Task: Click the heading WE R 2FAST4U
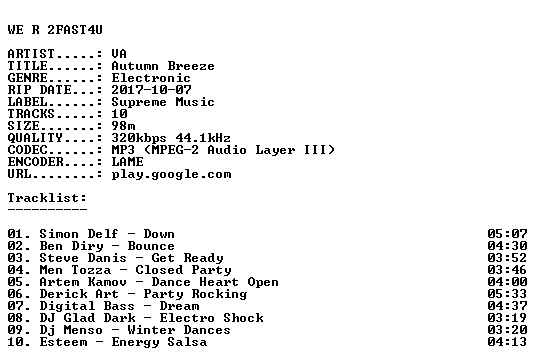click(x=55, y=30)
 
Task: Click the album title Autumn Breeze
click(x=163, y=66)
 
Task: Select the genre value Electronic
click(x=151, y=78)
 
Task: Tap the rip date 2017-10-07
click(x=151, y=90)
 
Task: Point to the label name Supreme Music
click(x=163, y=102)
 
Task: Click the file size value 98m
click(x=123, y=125)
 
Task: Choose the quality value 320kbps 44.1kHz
click(x=171, y=138)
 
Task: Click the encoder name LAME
click(x=128, y=162)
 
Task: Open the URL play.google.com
click(x=171, y=174)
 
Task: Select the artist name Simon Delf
click(x=79, y=234)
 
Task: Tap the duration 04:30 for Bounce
click(x=507, y=246)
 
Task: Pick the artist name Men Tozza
click(x=75, y=270)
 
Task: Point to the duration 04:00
click(x=507, y=282)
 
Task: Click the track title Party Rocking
click(x=195, y=294)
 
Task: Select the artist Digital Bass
click(x=87, y=306)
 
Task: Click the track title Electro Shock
click(x=211, y=318)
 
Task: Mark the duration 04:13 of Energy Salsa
click(x=507, y=342)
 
